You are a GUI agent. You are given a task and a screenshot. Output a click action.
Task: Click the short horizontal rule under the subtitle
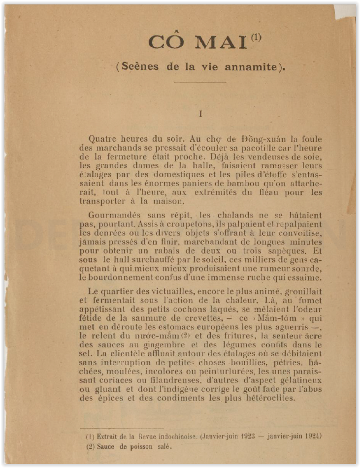coord(200,82)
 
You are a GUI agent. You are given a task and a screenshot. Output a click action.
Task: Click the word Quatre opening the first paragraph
coord(101,139)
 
